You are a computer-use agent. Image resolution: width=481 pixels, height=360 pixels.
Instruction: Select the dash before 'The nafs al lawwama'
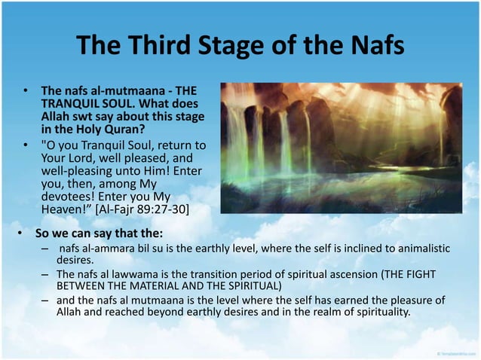click(x=45, y=273)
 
